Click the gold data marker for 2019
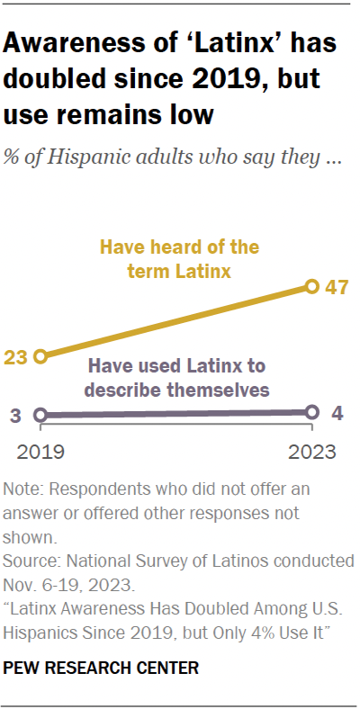(x=40, y=356)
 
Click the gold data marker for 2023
(x=312, y=287)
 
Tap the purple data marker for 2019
(x=40, y=415)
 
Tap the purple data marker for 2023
(x=312, y=412)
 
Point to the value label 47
(x=337, y=288)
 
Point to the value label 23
(x=15, y=356)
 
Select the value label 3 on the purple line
(x=16, y=416)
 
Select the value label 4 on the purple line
(x=337, y=413)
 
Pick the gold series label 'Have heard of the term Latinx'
(x=179, y=257)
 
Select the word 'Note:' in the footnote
(x=25, y=491)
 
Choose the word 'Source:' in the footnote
(x=31, y=560)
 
